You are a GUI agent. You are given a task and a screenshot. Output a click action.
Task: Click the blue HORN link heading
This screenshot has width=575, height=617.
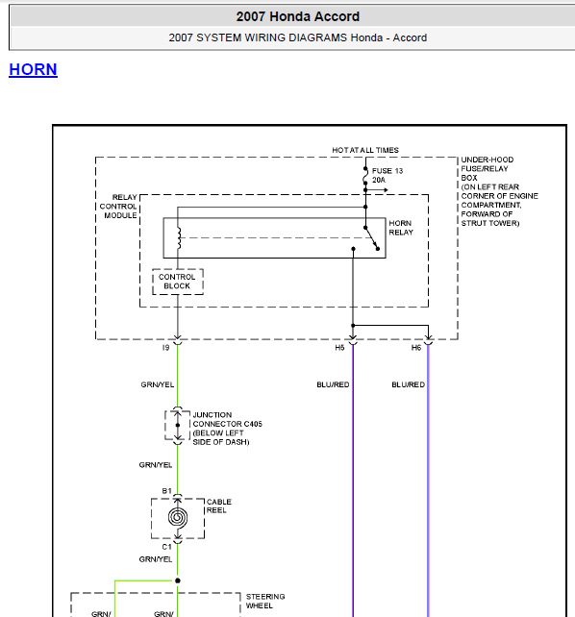33,69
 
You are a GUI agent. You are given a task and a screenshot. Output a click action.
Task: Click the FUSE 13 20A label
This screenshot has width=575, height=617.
387,176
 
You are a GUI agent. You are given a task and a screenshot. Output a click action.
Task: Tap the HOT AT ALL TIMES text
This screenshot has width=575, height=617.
365,150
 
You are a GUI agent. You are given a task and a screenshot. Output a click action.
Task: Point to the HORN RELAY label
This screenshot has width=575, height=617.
401,228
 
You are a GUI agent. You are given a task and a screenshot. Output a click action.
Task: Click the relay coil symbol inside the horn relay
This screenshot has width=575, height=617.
179,237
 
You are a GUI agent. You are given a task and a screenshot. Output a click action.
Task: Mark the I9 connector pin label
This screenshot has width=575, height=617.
165,348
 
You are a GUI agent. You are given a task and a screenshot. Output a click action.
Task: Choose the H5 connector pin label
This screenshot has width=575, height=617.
339,348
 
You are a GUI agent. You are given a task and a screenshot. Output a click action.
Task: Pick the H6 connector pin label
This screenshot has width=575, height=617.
416,348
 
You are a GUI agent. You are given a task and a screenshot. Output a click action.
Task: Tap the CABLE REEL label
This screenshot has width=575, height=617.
219,506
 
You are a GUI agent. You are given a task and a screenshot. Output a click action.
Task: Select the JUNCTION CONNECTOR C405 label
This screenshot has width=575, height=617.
227,419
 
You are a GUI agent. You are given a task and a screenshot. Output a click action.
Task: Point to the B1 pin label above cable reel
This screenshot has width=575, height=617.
166,491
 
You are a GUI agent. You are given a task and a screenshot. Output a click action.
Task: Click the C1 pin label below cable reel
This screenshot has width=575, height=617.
166,547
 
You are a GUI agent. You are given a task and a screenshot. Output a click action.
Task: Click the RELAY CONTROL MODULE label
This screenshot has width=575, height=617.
118,207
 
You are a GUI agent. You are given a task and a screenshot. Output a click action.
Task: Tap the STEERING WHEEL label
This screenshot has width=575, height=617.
265,602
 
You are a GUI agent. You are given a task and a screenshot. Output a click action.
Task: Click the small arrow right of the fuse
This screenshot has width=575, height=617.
377,190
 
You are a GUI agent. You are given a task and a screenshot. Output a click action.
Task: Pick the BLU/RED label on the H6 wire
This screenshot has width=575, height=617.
408,384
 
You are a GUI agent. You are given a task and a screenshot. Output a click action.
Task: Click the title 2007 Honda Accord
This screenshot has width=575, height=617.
298,16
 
